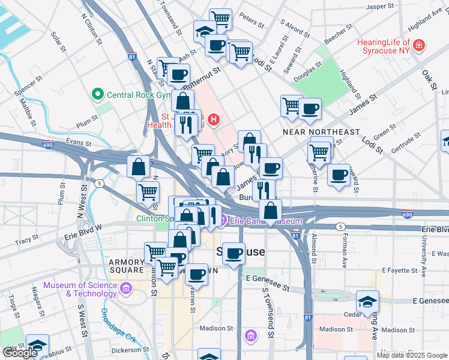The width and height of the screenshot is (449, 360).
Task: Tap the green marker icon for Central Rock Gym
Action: [97, 95]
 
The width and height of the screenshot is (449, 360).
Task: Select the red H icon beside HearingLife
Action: [418, 46]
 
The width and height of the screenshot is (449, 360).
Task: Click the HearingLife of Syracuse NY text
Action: [385, 46]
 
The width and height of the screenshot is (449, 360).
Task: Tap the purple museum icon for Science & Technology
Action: [125, 289]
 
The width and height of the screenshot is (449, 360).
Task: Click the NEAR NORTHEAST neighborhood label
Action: [321, 131]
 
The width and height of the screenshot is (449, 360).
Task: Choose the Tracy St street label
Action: [26, 241]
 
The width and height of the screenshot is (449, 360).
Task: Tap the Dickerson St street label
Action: [130, 349]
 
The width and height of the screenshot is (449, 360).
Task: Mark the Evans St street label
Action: [78, 143]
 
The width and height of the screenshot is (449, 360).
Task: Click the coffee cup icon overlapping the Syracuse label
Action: [234, 253]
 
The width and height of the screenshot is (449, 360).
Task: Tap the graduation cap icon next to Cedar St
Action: [367, 302]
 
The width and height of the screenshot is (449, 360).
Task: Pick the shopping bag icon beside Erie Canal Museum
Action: [271, 211]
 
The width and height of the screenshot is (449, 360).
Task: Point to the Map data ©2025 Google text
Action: [411, 355]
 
